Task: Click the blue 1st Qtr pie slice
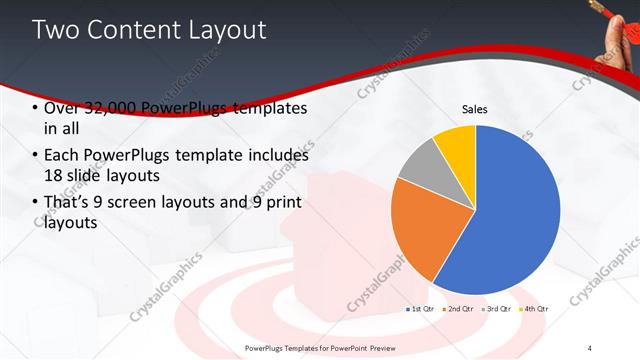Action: point(510,215)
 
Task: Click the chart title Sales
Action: point(474,109)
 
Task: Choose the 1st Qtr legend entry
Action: point(421,309)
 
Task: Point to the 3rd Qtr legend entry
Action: point(497,309)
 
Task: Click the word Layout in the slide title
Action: point(221,30)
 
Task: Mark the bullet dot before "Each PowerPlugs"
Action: point(36,156)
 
